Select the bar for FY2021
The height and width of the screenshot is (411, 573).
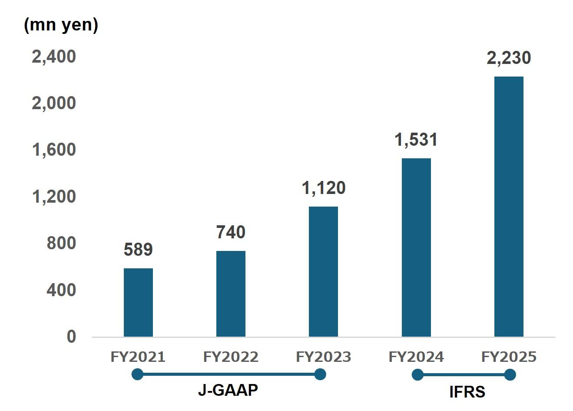click(138, 302)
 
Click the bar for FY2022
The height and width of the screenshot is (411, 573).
click(231, 294)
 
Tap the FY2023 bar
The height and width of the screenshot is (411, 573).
click(323, 271)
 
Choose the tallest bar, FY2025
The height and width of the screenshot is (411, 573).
click(509, 206)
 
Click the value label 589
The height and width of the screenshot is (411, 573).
click(138, 250)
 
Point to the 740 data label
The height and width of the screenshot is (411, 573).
click(231, 232)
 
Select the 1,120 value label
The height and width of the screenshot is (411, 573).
click(323, 188)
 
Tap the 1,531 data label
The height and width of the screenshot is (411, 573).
click(416, 140)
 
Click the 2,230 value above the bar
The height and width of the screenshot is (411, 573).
click(509, 58)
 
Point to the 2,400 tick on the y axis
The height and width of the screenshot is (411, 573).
click(54, 57)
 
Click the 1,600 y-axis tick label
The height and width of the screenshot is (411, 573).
click(54, 150)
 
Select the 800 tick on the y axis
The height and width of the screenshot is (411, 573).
click(61, 243)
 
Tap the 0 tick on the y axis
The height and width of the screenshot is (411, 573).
click(71, 336)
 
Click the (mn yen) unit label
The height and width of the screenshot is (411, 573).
click(61, 25)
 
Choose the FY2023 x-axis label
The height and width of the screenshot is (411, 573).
click(323, 357)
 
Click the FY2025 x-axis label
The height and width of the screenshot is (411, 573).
click(509, 357)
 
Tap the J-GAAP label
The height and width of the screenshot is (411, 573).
click(228, 390)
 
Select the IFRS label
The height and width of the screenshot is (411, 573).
click(467, 392)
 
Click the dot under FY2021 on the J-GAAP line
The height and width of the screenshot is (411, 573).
click(137, 374)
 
